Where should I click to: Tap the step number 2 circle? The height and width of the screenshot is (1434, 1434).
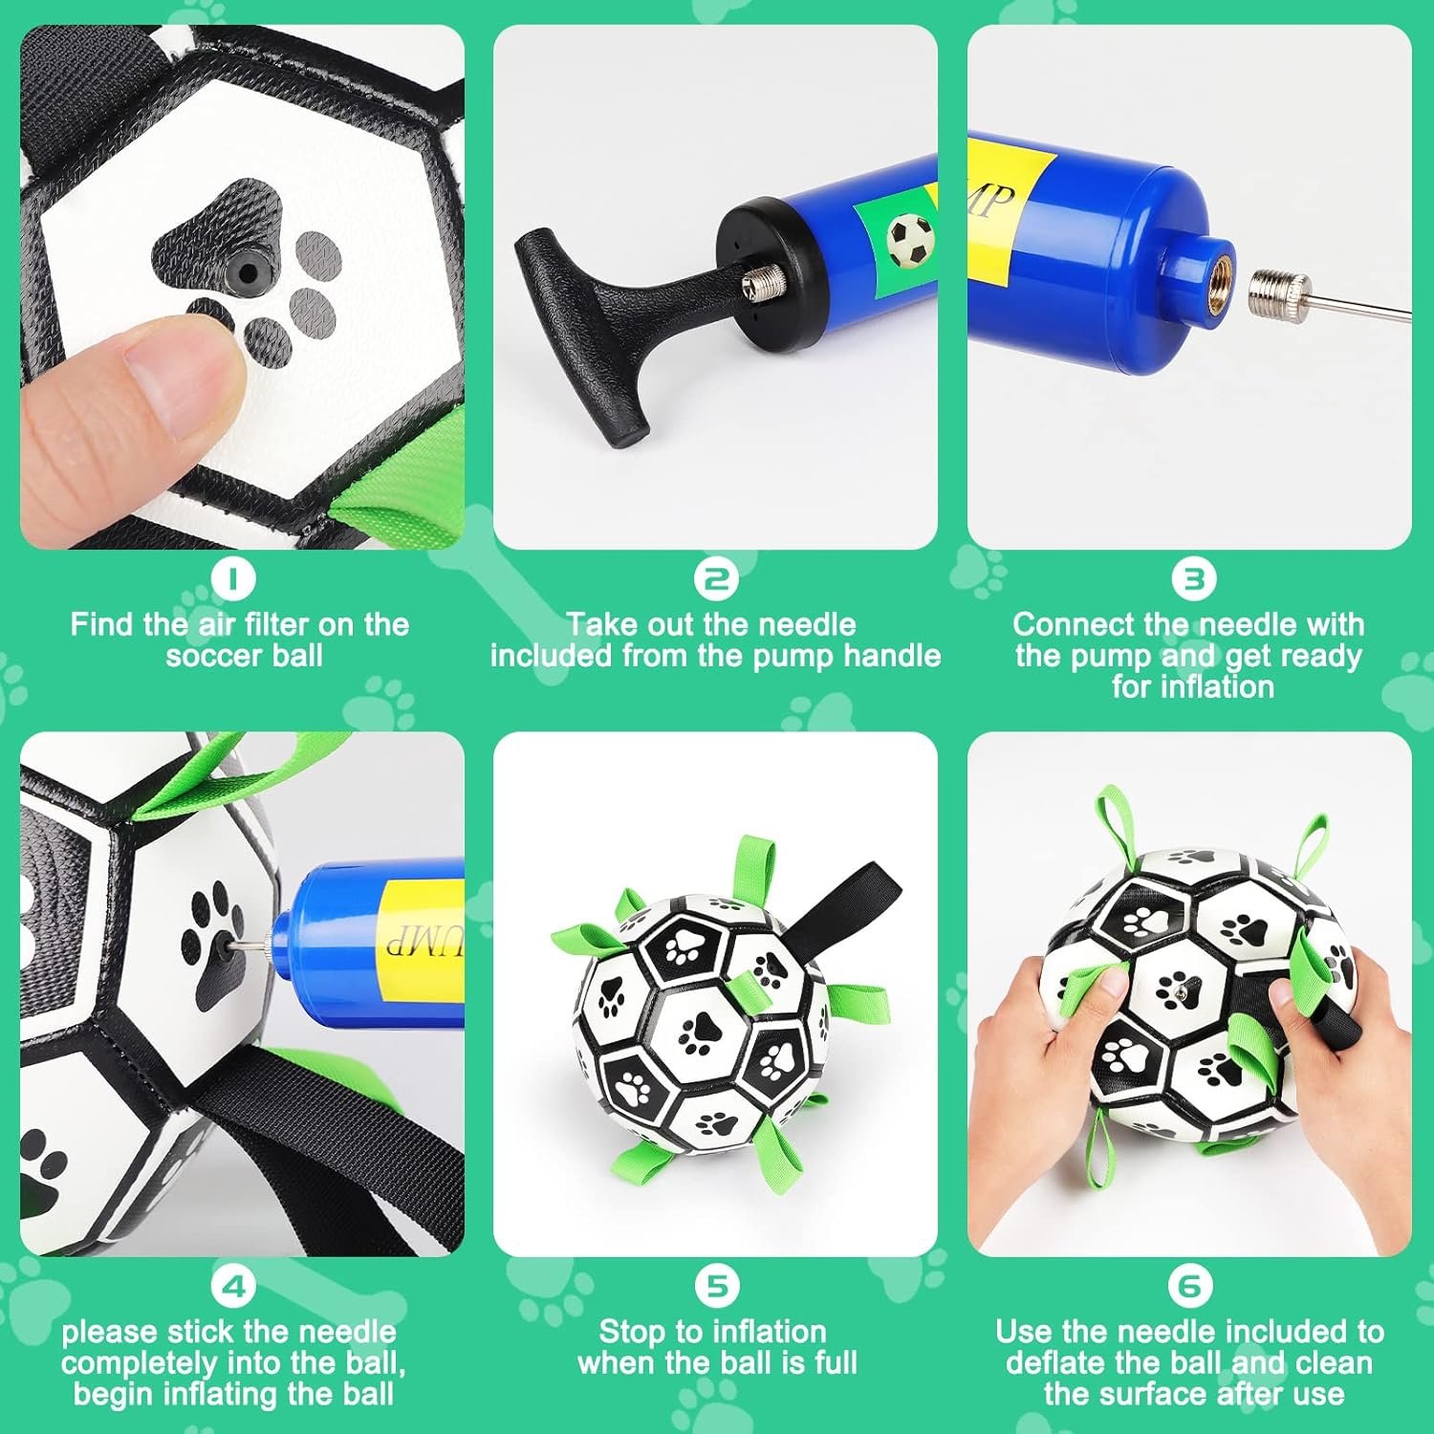click(715, 578)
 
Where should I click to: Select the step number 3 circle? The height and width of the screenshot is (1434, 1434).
click(1193, 578)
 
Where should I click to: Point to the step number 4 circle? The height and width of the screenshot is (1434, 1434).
click(234, 1286)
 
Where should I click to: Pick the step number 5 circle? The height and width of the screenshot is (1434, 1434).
click(716, 1286)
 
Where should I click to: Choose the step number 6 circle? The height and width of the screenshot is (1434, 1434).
click(1189, 1286)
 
